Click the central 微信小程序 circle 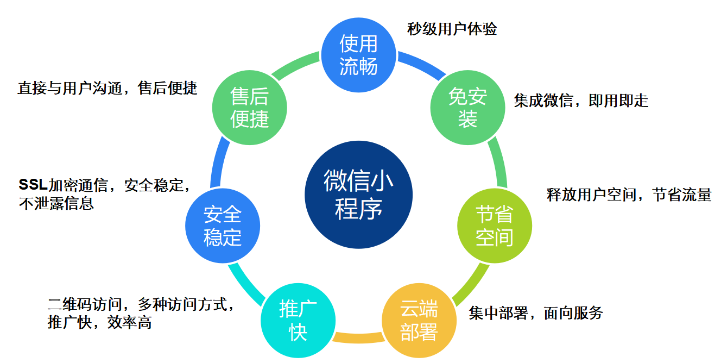358,195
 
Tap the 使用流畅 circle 358,55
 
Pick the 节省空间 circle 494,226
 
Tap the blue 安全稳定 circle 223,226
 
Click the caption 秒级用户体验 452,29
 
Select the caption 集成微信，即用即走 581,101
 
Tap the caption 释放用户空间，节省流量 629,195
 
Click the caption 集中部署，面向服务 536,312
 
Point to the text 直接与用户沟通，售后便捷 107,87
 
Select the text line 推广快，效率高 99,322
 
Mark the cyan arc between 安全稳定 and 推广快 246,283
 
